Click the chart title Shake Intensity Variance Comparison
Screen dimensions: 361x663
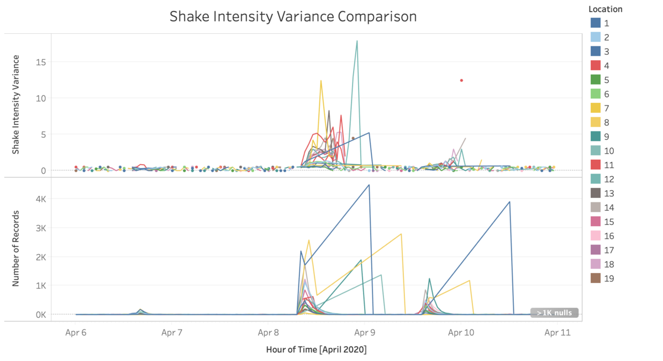click(x=293, y=17)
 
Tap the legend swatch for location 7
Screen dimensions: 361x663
click(x=596, y=108)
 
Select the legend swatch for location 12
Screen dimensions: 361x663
click(x=596, y=179)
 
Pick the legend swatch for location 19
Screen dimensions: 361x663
click(x=596, y=279)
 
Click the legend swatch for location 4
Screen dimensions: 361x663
click(x=596, y=66)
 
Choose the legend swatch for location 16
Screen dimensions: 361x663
click(x=596, y=236)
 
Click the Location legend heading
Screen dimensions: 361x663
click(x=605, y=9)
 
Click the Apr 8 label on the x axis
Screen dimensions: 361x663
click(x=268, y=333)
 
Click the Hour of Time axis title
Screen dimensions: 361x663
click(x=316, y=350)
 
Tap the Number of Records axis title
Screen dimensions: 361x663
click(x=15, y=248)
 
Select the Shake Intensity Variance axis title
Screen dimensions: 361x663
click(x=15, y=104)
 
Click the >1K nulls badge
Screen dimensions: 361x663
click(x=554, y=313)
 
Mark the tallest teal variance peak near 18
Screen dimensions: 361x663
click(x=357, y=41)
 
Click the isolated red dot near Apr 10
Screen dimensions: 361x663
click(x=461, y=81)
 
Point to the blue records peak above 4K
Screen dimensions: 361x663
click(x=369, y=185)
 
